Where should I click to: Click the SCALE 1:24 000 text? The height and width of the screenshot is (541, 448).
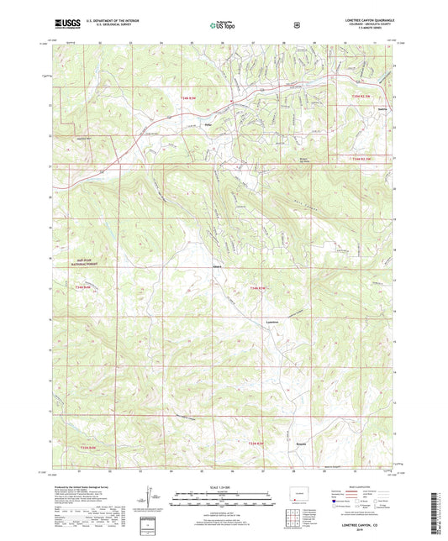(223, 490)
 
